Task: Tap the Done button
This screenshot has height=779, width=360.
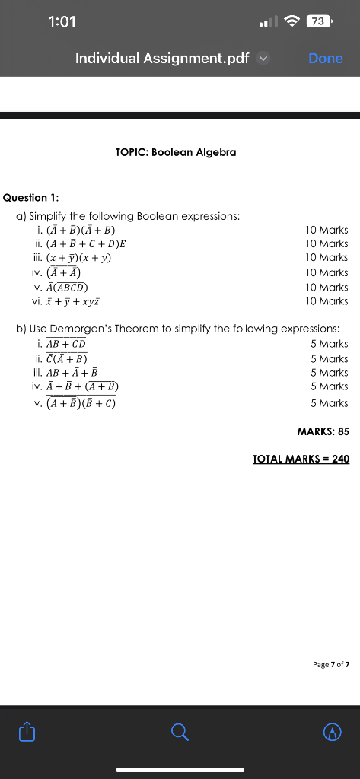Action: pyautogui.click(x=326, y=59)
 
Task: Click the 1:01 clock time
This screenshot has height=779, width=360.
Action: pyautogui.click(x=62, y=21)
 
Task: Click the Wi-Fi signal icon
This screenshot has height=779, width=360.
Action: pyautogui.click(x=292, y=21)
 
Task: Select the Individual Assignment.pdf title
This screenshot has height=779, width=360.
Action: pyautogui.click(x=162, y=59)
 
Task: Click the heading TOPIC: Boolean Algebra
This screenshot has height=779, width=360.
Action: pyautogui.click(x=176, y=152)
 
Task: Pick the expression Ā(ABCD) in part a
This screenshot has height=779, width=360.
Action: pyautogui.click(x=67, y=287)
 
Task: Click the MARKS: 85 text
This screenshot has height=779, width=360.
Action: pyautogui.click(x=323, y=431)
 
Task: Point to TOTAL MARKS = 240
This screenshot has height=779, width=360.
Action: pyautogui.click(x=301, y=459)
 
